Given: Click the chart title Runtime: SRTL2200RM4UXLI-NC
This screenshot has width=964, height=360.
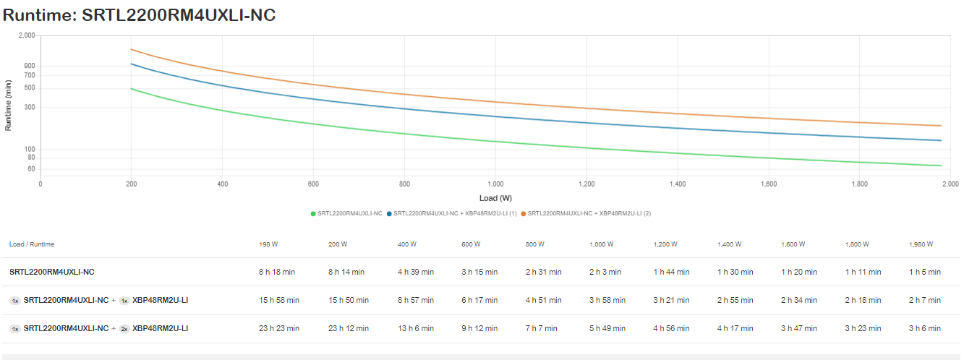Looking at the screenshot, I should coord(139,14).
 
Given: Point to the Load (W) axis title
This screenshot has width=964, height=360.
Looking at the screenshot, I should coord(495,198).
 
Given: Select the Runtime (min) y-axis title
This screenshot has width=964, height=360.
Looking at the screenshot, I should coord(9,105).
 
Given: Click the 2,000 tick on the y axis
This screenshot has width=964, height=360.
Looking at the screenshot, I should coord(27,35).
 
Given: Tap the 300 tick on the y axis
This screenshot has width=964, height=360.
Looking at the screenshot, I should coord(30,107).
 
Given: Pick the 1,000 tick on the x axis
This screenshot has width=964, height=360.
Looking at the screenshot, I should coord(495,184).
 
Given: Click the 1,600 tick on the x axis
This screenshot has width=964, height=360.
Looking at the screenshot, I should coord(769,184).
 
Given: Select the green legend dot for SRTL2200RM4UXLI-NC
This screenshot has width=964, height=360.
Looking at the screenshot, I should coord(312,213).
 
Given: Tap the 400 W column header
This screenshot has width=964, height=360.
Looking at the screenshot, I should coord(407,244).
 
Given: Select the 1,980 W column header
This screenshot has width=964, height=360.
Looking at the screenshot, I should coord(921,244).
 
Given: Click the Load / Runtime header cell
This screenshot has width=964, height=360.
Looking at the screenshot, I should coord(32,244).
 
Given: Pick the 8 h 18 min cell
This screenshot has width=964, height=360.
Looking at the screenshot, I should coord(279,272).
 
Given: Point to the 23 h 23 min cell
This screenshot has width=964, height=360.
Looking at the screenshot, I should coord(279,328).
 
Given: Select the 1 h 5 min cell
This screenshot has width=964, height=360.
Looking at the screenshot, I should coord(925,272).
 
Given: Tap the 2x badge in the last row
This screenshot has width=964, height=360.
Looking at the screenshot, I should coord(124,328).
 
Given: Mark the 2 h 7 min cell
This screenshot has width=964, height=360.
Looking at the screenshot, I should coord(925,300).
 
